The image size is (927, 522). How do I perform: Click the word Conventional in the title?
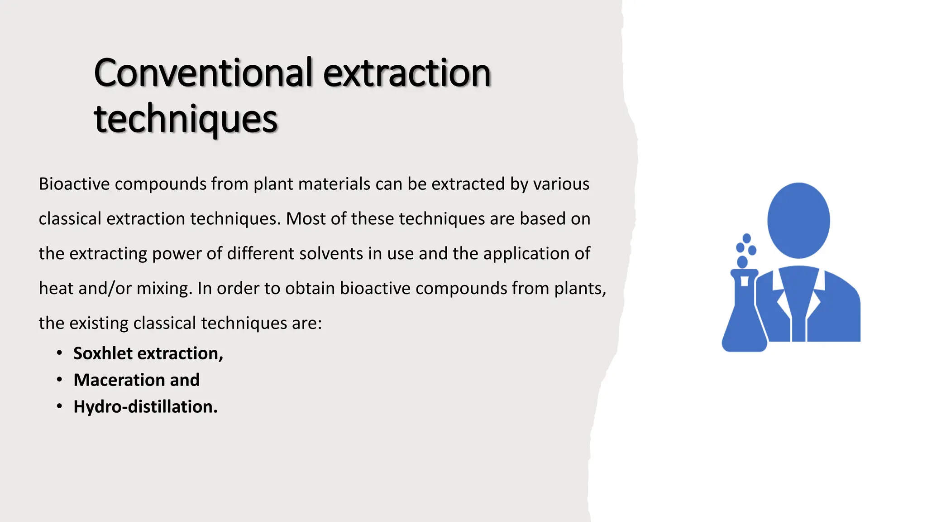[203, 73]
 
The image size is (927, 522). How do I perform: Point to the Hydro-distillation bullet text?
[145, 407]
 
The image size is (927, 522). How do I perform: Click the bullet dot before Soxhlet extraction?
[59, 353]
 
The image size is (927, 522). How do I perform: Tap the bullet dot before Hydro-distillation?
[59, 406]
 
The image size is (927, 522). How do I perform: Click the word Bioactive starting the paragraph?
[74, 184]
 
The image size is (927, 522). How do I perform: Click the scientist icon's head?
[798, 221]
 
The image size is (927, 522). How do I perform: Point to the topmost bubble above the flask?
[747, 238]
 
